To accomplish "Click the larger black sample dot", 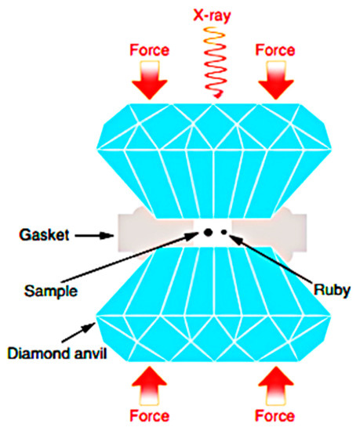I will tap(209, 232).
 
